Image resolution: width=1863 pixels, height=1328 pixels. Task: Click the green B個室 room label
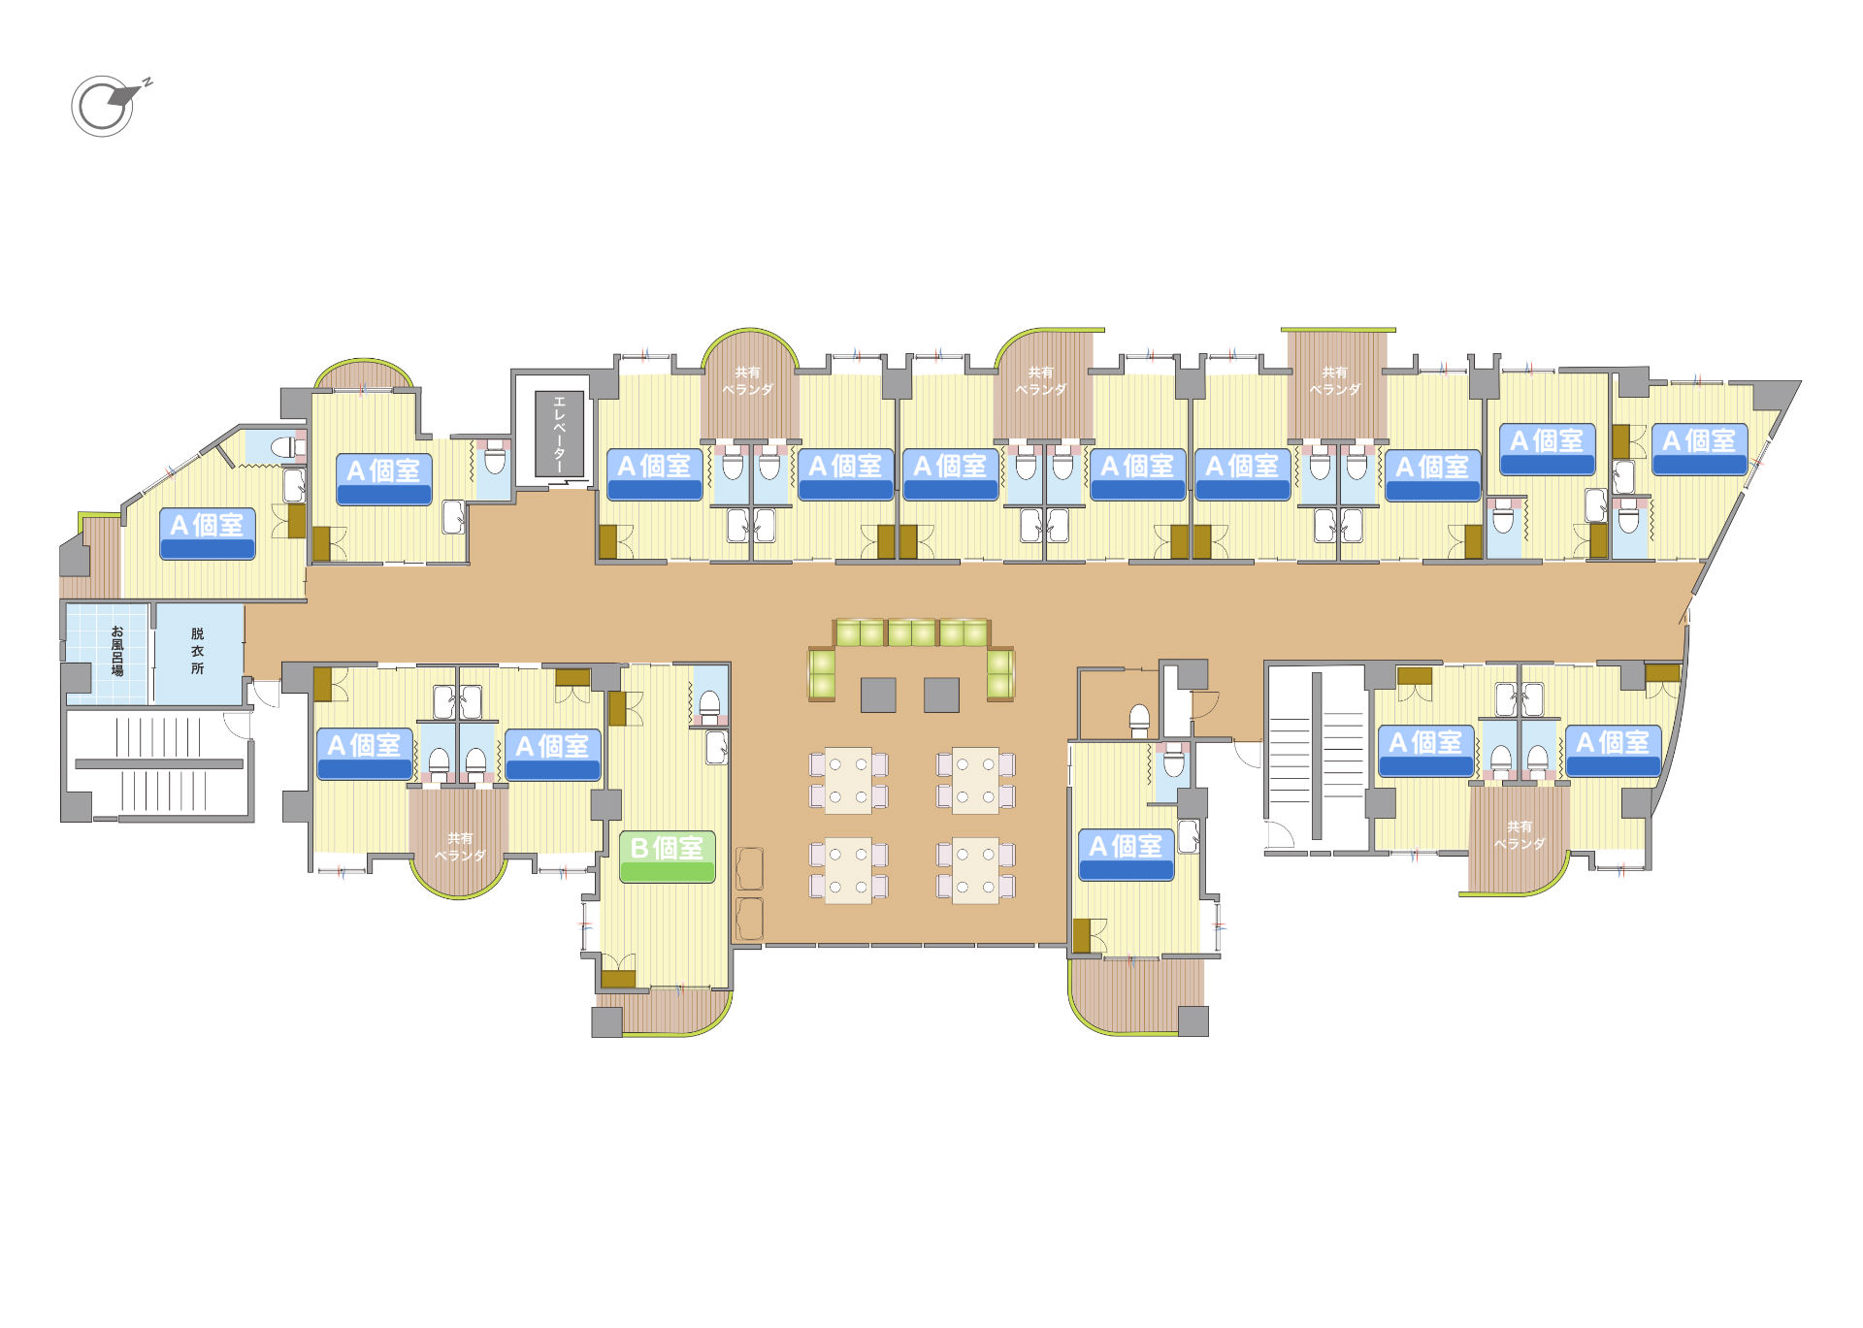668,856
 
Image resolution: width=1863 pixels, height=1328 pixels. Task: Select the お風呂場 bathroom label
116,651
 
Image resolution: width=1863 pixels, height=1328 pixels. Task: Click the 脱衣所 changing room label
197,650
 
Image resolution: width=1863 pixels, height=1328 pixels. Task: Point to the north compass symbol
109,105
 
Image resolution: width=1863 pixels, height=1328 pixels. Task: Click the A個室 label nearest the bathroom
208,534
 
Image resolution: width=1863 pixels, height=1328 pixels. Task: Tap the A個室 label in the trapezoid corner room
1699,449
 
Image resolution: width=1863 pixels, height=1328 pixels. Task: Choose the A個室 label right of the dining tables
1127,855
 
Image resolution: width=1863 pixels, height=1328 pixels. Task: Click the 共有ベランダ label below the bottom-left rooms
460,847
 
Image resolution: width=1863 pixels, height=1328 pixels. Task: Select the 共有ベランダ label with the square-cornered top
1335,380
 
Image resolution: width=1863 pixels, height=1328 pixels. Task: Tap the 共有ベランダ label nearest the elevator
747,380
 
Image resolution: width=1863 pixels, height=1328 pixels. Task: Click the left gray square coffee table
878,695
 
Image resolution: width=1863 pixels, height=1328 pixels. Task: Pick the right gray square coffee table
941,695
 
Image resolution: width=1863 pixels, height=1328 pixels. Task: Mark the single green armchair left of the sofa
822,673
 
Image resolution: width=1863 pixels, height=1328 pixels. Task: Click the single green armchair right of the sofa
1000,673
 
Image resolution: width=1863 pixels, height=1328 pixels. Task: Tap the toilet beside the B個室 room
709,707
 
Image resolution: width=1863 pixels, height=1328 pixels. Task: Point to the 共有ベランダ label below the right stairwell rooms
1520,835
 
